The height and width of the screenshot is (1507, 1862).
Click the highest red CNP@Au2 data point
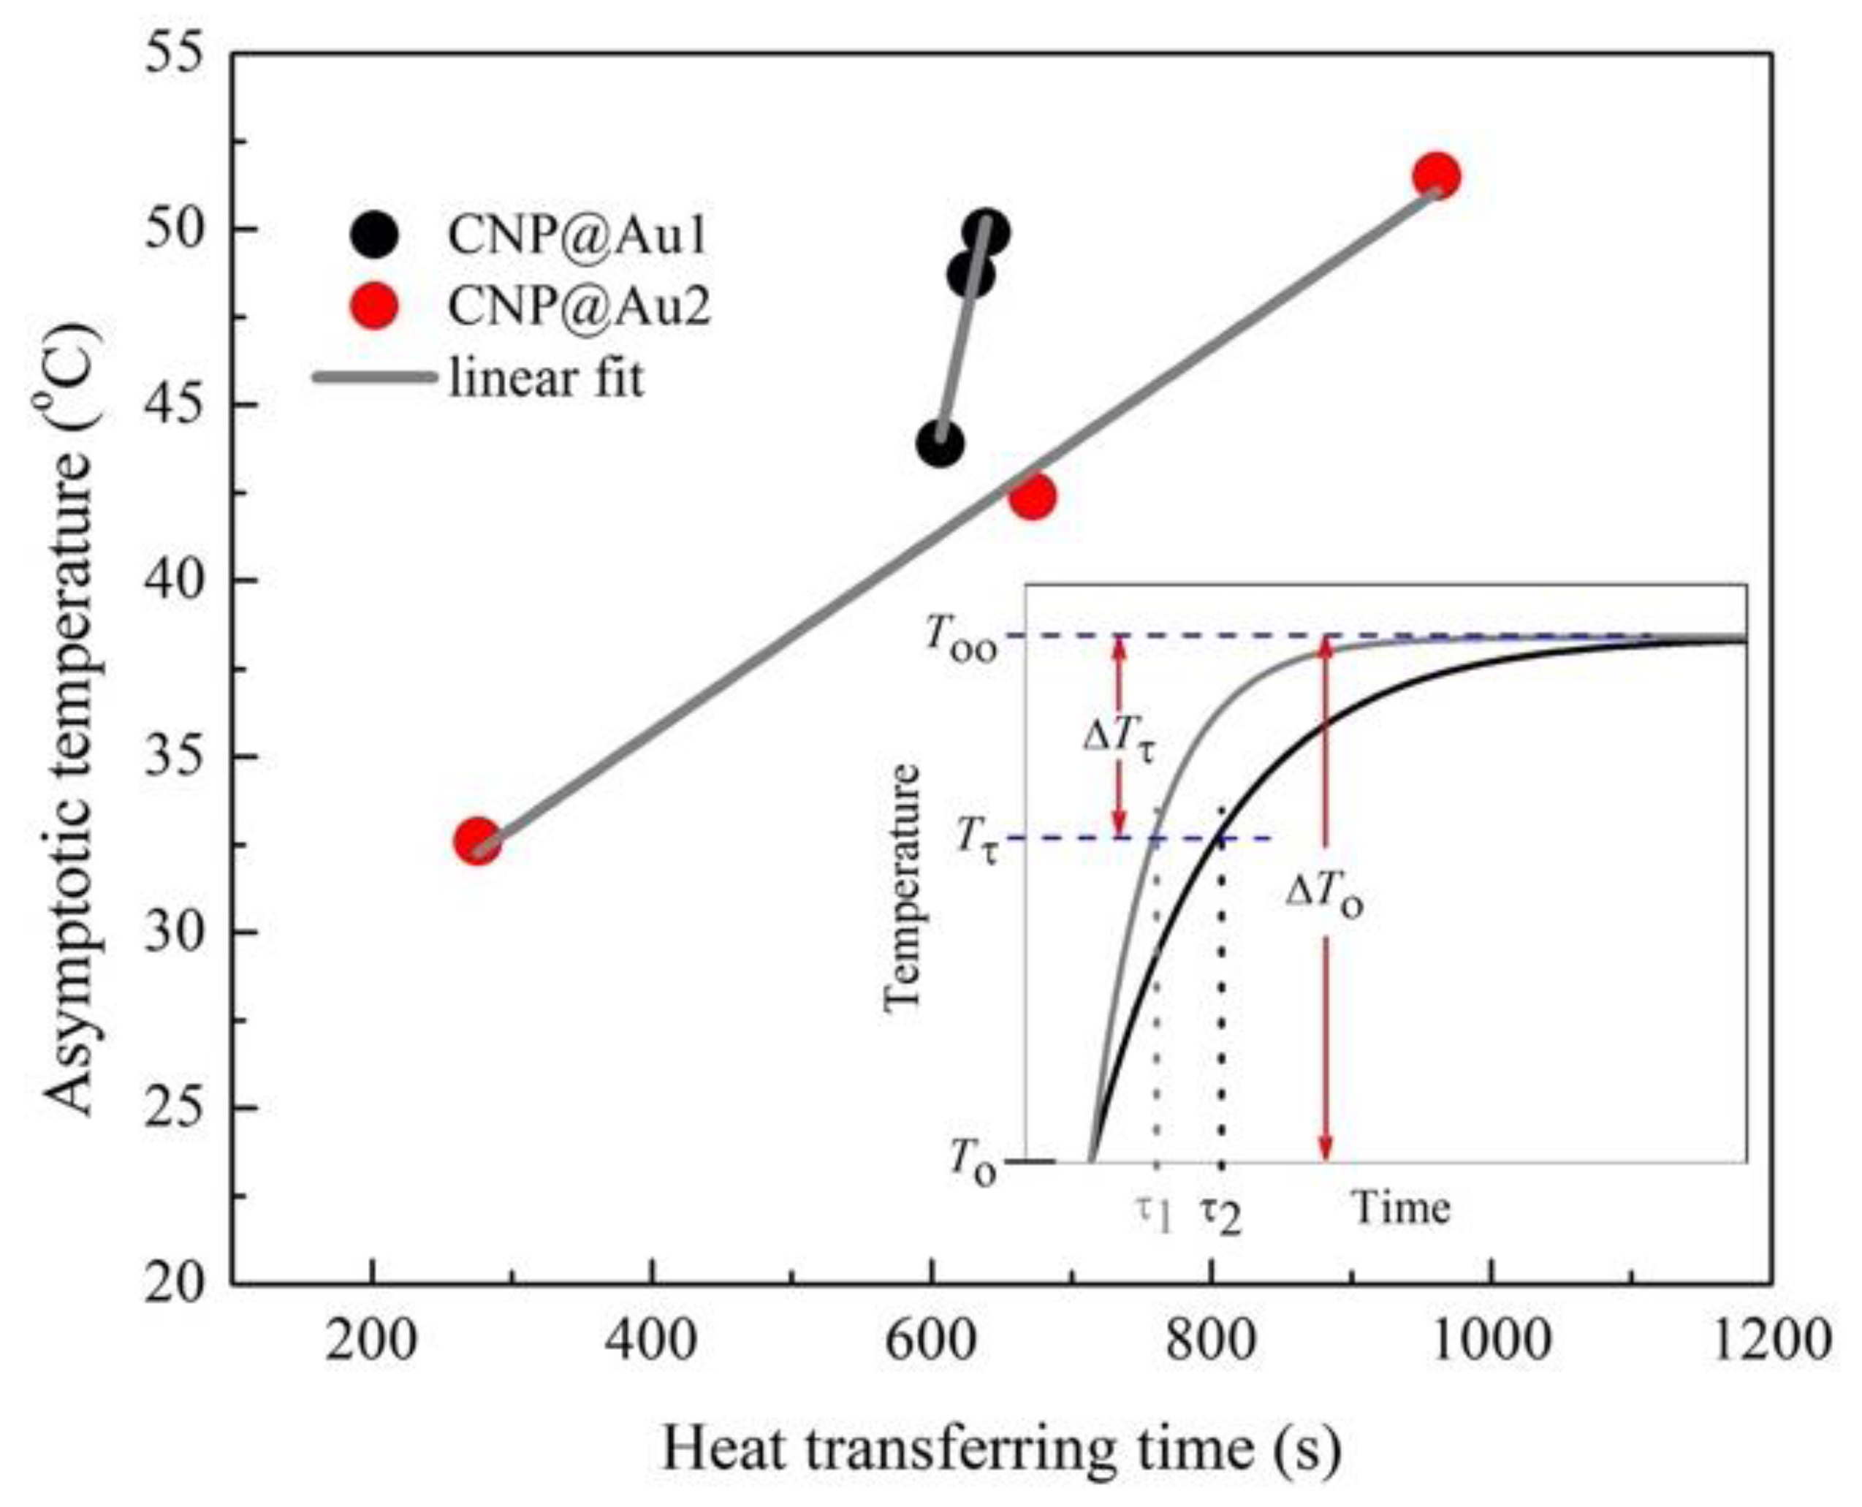(x=1436, y=176)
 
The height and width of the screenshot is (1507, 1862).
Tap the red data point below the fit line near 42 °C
(x=1032, y=496)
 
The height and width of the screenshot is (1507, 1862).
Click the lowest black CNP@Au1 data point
(x=939, y=444)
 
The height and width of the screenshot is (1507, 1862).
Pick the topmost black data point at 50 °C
(x=985, y=232)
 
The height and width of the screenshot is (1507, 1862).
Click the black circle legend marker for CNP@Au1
(x=374, y=235)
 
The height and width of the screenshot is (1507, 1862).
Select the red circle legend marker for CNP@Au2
(x=374, y=306)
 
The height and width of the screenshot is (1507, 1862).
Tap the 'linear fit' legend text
(x=546, y=379)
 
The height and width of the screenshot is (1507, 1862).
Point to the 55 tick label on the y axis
(x=175, y=54)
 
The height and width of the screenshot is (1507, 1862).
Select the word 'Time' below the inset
(x=1401, y=1207)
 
